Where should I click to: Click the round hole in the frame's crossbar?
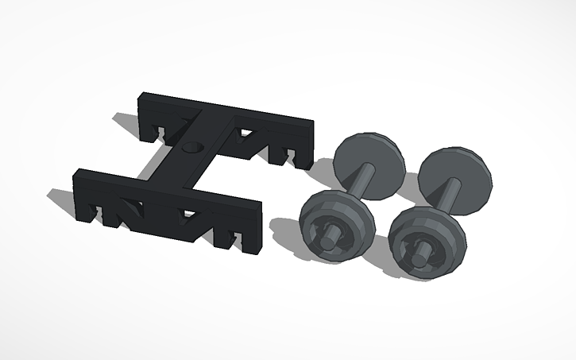pos(191,148)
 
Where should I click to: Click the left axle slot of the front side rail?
pos(102,213)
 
